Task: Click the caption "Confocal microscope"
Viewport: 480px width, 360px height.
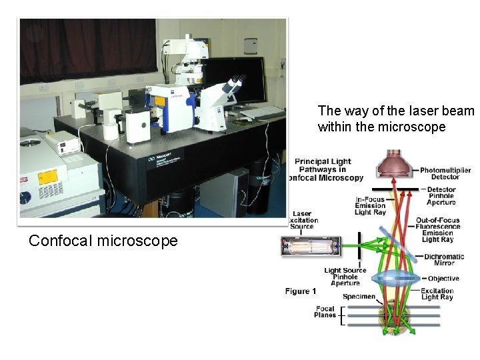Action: point(103,241)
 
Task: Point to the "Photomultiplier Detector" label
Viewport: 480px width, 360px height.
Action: point(445,173)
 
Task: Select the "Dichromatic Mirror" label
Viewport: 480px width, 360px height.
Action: point(443,260)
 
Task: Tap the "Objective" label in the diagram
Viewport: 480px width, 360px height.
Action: point(443,279)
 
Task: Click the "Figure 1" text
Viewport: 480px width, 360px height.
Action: point(301,291)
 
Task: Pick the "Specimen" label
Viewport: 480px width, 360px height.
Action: point(359,297)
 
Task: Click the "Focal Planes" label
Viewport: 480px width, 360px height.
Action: point(325,312)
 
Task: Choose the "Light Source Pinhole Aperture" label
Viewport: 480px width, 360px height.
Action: point(345,277)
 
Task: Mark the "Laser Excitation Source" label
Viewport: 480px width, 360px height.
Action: point(302,220)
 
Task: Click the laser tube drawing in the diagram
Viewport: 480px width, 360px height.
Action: point(310,247)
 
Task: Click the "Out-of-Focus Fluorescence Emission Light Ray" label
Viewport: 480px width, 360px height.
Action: point(441,230)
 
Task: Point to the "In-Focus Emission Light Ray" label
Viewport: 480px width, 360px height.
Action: point(371,206)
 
